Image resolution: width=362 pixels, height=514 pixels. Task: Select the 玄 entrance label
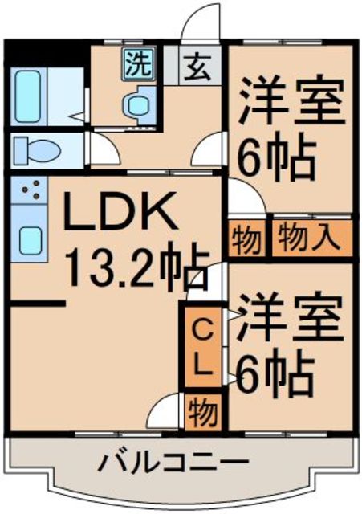(x=197, y=66)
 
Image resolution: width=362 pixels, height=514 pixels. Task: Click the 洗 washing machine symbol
(x=136, y=64)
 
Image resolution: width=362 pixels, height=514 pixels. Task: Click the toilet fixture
(x=35, y=149)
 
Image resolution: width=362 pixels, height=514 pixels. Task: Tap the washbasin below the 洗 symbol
(x=136, y=105)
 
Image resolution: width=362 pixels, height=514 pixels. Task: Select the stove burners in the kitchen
(x=31, y=191)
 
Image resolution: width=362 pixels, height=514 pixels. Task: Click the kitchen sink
(x=31, y=239)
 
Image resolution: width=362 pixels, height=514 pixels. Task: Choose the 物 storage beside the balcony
(x=203, y=414)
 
